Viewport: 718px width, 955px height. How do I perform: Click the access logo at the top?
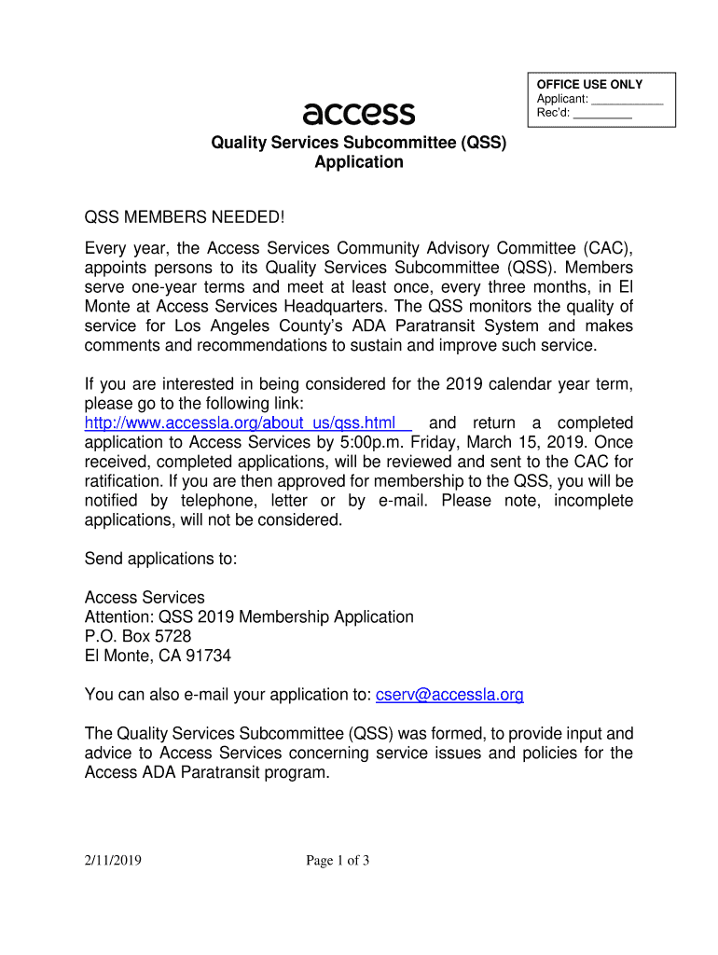tap(359, 114)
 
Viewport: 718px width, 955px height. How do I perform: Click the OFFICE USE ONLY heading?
tap(589, 85)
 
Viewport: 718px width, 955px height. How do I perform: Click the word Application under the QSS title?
tap(358, 162)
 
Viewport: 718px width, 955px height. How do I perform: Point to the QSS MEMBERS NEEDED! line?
tap(183, 217)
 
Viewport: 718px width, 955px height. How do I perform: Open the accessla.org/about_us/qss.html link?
tap(241, 422)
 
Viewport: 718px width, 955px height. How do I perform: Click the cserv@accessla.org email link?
tap(449, 695)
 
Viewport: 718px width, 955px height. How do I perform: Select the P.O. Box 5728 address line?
tap(138, 636)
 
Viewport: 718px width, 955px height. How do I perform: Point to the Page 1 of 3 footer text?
tap(338, 861)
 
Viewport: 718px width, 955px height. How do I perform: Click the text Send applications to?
tap(161, 559)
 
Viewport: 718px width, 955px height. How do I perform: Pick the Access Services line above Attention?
tap(145, 597)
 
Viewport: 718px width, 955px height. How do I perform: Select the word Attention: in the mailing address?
tap(118, 616)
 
